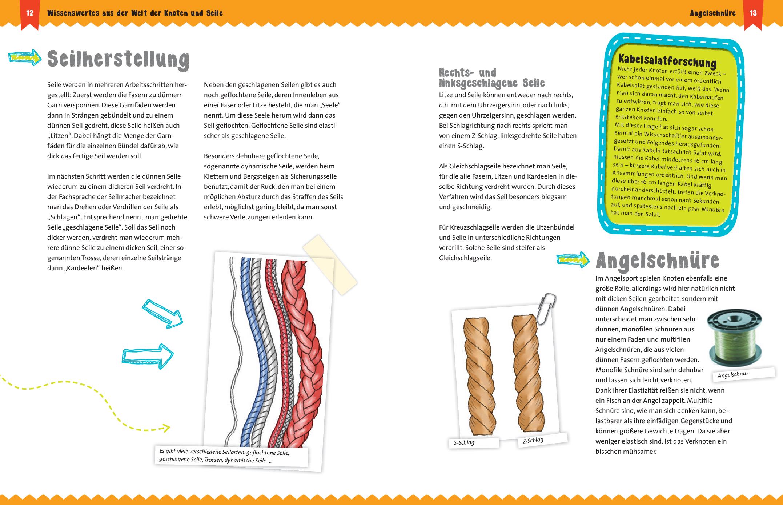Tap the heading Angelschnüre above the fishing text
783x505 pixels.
(658, 261)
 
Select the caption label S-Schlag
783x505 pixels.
(464, 443)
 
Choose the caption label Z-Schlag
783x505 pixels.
(533, 441)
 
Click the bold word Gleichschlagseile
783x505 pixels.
(475, 166)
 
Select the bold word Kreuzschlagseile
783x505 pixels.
(475, 227)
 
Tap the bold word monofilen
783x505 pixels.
(637, 329)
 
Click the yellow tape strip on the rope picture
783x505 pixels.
(330, 265)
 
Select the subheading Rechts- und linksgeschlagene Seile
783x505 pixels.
(491, 78)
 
